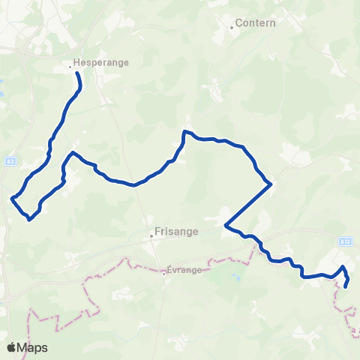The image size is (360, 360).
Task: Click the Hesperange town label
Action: coord(103,64)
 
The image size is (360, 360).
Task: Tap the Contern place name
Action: coord(256,23)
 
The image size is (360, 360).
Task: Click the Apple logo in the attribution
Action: coord(12,347)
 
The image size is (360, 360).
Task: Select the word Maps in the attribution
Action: coord(33,347)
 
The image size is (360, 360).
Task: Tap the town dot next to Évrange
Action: coord(163,273)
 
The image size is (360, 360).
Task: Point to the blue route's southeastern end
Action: coord(346,286)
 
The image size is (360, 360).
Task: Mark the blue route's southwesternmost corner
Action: coord(28,219)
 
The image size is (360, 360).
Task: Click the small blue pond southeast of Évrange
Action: coord(236,277)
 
